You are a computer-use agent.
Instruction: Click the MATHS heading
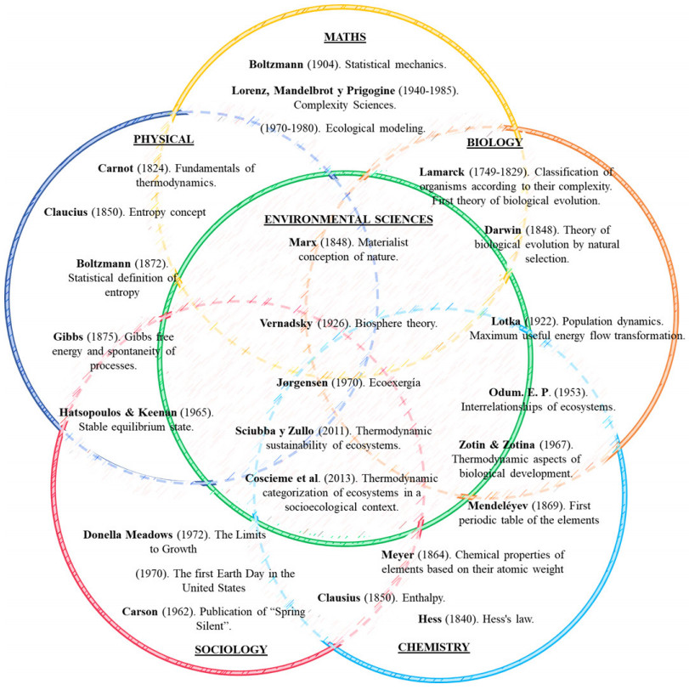tap(344, 37)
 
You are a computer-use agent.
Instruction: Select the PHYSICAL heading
tap(163, 139)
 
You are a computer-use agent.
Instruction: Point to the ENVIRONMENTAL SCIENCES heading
tap(349, 218)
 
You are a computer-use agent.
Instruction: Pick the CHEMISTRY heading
tap(433, 647)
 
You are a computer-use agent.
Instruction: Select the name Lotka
tap(506, 321)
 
